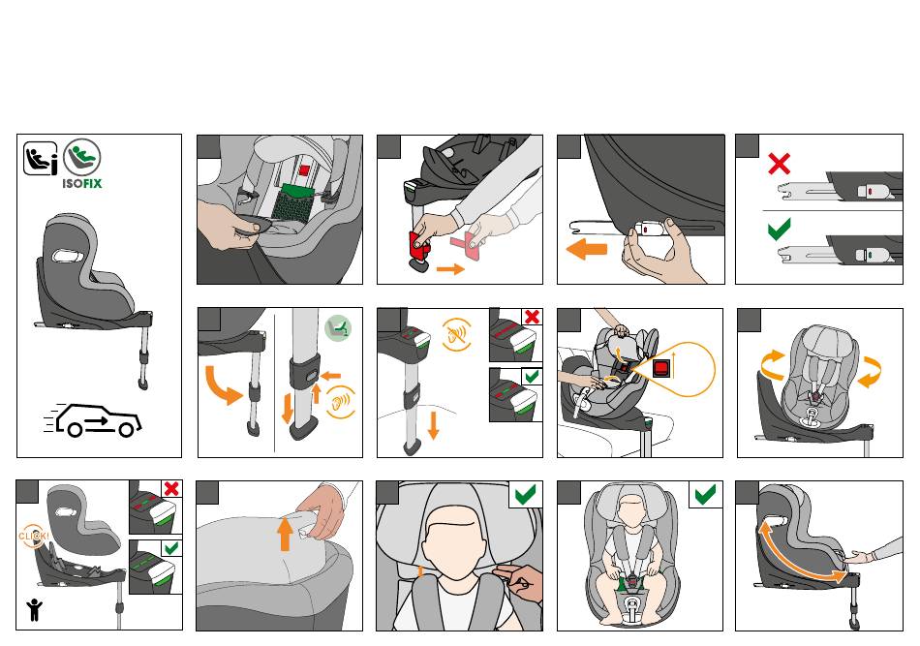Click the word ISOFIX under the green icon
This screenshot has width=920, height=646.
pyautogui.click(x=82, y=184)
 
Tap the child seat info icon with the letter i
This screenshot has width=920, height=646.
pyautogui.click(x=41, y=159)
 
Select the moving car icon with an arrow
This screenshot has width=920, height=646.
pyautogui.click(x=93, y=420)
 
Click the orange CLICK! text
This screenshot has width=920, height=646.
pyautogui.click(x=34, y=537)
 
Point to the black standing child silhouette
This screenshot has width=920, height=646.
pyautogui.click(x=35, y=610)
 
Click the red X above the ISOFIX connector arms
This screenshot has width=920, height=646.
pyautogui.click(x=779, y=164)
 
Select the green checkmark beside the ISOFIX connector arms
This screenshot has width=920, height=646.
pyautogui.click(x=779, y=229)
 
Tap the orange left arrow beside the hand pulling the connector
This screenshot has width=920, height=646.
pyautogui.click(x=586, y=249)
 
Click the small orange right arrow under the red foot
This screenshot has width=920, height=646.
pyautogui.click(x=450, y=269)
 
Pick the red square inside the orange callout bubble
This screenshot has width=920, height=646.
pyautogui.click(x=660, y=368)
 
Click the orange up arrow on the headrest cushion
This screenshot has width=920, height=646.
pyautogui.click(x=285, y=534)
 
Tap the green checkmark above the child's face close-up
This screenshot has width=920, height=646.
pyautogui.click(x=525, y=495)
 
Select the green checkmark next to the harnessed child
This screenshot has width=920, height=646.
pyautogui.click(x=705, y=495)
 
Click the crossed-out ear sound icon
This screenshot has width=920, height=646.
pyautogui.click(x=456, y=335)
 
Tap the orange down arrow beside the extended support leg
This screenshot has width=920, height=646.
pyautogui.click(x=434, y=425)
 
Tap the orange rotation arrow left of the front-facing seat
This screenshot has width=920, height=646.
pyautogui.click(x=773, y=364)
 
